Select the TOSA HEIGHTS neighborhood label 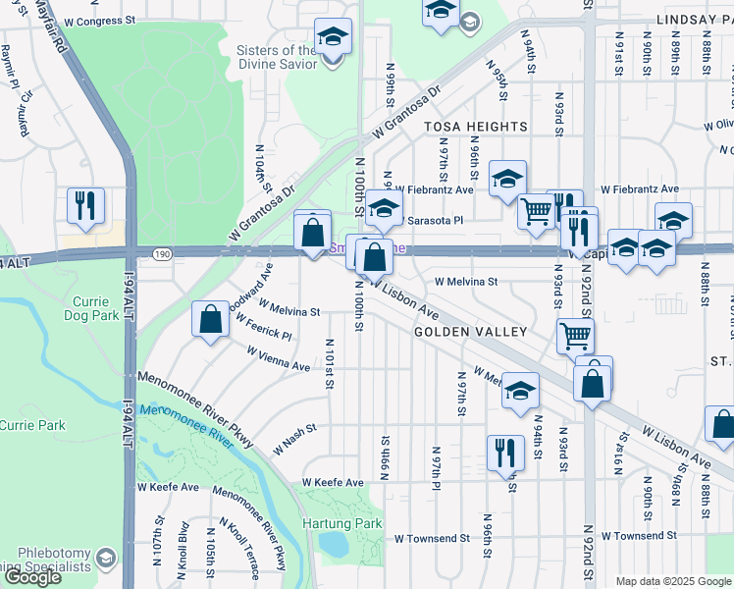tap(475, 127)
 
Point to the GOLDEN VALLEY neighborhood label tap(471, 332)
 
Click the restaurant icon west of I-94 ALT tap(85, 205)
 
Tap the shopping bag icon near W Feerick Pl tap(211, 319)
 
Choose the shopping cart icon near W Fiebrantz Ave tap(536, 210)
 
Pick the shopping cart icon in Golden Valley tap(575, 336)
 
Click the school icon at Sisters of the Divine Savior tap(333, 37)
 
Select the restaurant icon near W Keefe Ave tap(505, 453)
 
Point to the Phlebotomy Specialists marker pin tap(105, 559)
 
